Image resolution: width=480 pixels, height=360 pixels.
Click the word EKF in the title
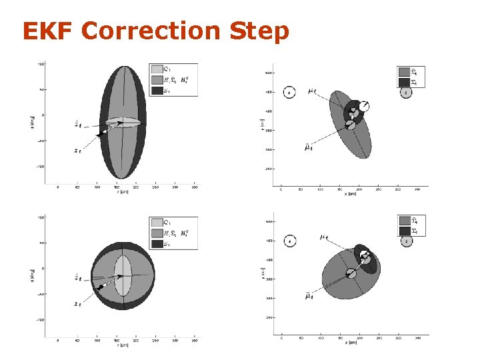coord(47,31)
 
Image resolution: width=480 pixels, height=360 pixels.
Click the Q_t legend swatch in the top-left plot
coord(157,69)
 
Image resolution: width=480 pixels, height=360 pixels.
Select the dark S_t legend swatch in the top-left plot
coord(157,90)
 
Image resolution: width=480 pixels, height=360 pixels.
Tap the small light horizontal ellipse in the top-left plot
coord(123,122)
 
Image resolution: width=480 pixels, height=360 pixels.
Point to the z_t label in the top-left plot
coord(78,151)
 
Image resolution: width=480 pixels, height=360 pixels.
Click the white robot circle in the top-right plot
coord(363,106)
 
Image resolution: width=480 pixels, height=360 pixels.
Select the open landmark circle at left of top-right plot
coord(289,93)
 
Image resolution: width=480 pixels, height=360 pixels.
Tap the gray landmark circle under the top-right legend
coord(406,93)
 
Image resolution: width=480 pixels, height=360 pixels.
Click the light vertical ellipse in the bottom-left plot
coord(123,275)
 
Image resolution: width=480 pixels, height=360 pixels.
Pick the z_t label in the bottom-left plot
coord(78,304)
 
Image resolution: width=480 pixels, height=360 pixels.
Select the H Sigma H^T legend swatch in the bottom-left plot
coord(157,233)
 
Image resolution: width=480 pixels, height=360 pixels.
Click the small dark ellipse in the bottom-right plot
coord(365,258)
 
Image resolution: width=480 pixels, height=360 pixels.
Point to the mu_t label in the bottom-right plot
coord(324,237)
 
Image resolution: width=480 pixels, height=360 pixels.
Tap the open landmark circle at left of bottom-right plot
coord(289,241)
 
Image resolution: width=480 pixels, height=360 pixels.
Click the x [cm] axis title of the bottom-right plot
coord(351,341)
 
